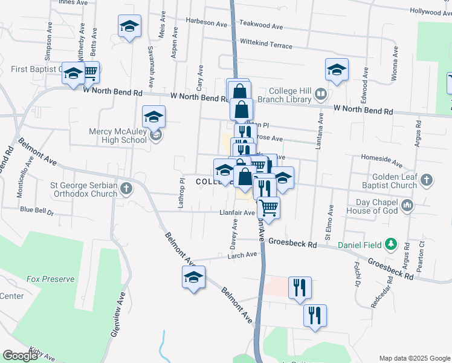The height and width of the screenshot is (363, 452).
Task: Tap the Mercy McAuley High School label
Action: point(109,135)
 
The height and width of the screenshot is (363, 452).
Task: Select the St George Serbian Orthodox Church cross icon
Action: point(126,188)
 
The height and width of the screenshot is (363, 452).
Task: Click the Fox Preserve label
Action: point(50,279)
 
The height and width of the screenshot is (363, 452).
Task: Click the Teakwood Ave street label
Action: point(261,27)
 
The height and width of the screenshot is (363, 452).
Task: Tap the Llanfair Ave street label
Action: point(237,212)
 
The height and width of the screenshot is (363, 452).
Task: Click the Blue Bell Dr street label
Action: point(37,211)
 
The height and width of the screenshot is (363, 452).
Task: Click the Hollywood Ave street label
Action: point(430,11)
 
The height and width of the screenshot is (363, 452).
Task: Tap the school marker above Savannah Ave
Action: point(129,27)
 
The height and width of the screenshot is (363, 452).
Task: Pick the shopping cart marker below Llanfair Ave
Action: point(268,208)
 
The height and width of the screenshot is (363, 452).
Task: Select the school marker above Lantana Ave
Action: point(337,70)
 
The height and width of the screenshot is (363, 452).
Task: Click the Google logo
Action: point(21,356)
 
